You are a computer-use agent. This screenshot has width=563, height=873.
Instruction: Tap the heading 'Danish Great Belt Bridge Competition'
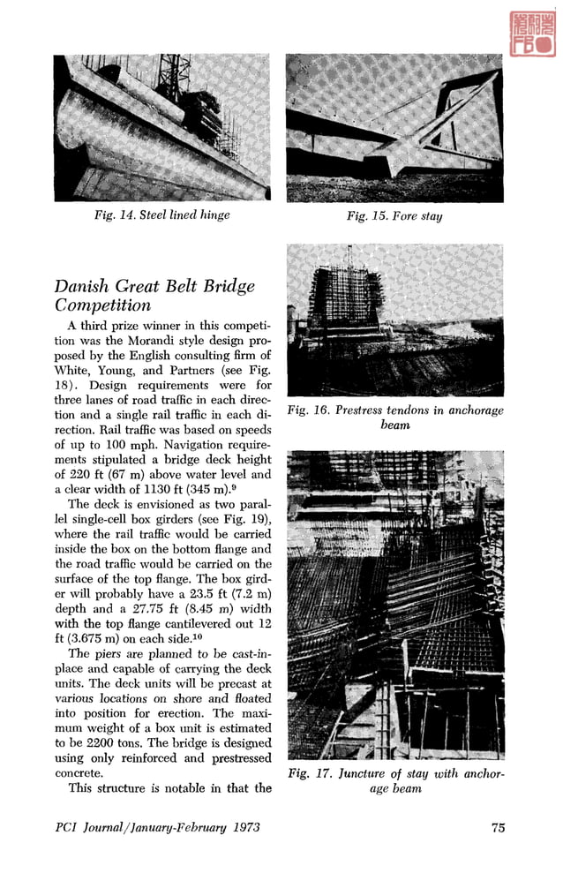pyautogui.click(x=154, y=297)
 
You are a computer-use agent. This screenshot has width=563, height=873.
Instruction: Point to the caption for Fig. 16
pyautogui.click(x=395, y=418)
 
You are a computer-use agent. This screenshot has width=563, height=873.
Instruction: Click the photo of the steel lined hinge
pyautogui.click(x=162, y=127)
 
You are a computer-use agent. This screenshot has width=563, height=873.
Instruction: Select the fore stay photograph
pyautogui.click(x=394, y=127)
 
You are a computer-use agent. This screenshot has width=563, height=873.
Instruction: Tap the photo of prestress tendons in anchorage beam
pyautogui.click(x=395, y=320)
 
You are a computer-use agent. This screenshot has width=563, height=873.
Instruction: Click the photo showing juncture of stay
pyautogui.click(x=395, y=605)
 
